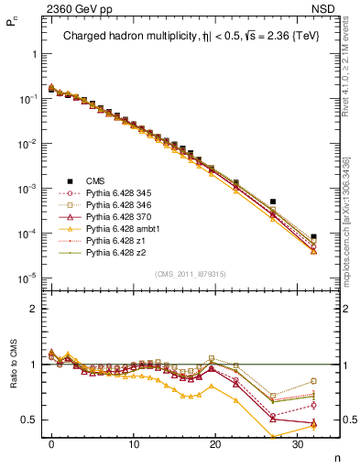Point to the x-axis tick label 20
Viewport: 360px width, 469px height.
(215, 442)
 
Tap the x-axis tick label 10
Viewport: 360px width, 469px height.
(134, 442)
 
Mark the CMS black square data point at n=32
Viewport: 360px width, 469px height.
(313, 236)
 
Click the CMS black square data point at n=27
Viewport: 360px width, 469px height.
(273, 202)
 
